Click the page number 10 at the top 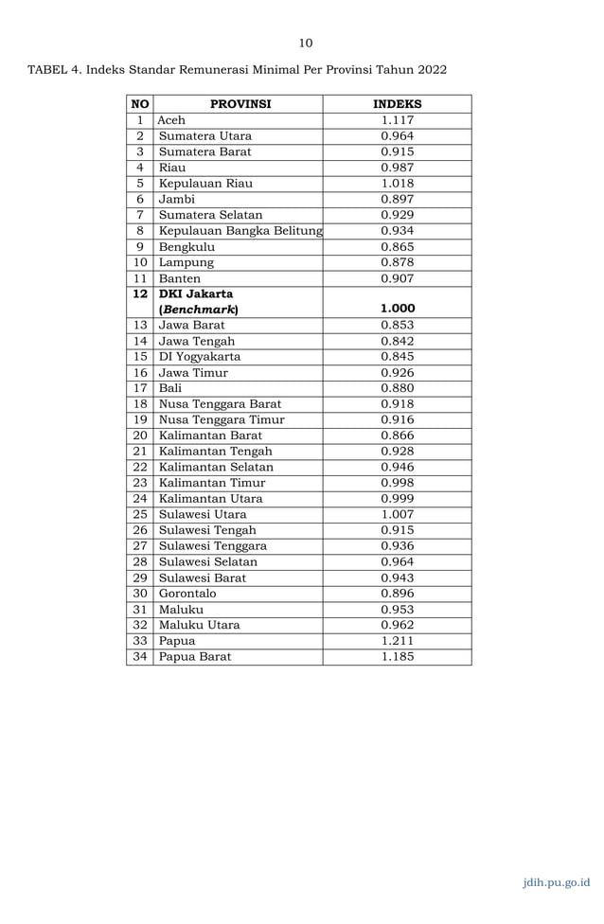pos(305,42)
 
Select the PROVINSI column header pos(240,104)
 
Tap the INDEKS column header pos(397,104)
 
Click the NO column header pos(139,104)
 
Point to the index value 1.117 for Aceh pos(397,120)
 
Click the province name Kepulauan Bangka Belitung pos(240,231)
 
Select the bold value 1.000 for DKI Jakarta pos(397,309)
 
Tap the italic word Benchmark pos(199,310)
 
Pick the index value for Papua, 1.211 pos(397,641)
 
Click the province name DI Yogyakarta pos(200,357)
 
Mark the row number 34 pos(139,656)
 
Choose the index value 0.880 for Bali pos(397,388)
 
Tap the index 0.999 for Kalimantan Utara pos(397,499)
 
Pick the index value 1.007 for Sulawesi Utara pos(397,514)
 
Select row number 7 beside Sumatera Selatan pos(139,215)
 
